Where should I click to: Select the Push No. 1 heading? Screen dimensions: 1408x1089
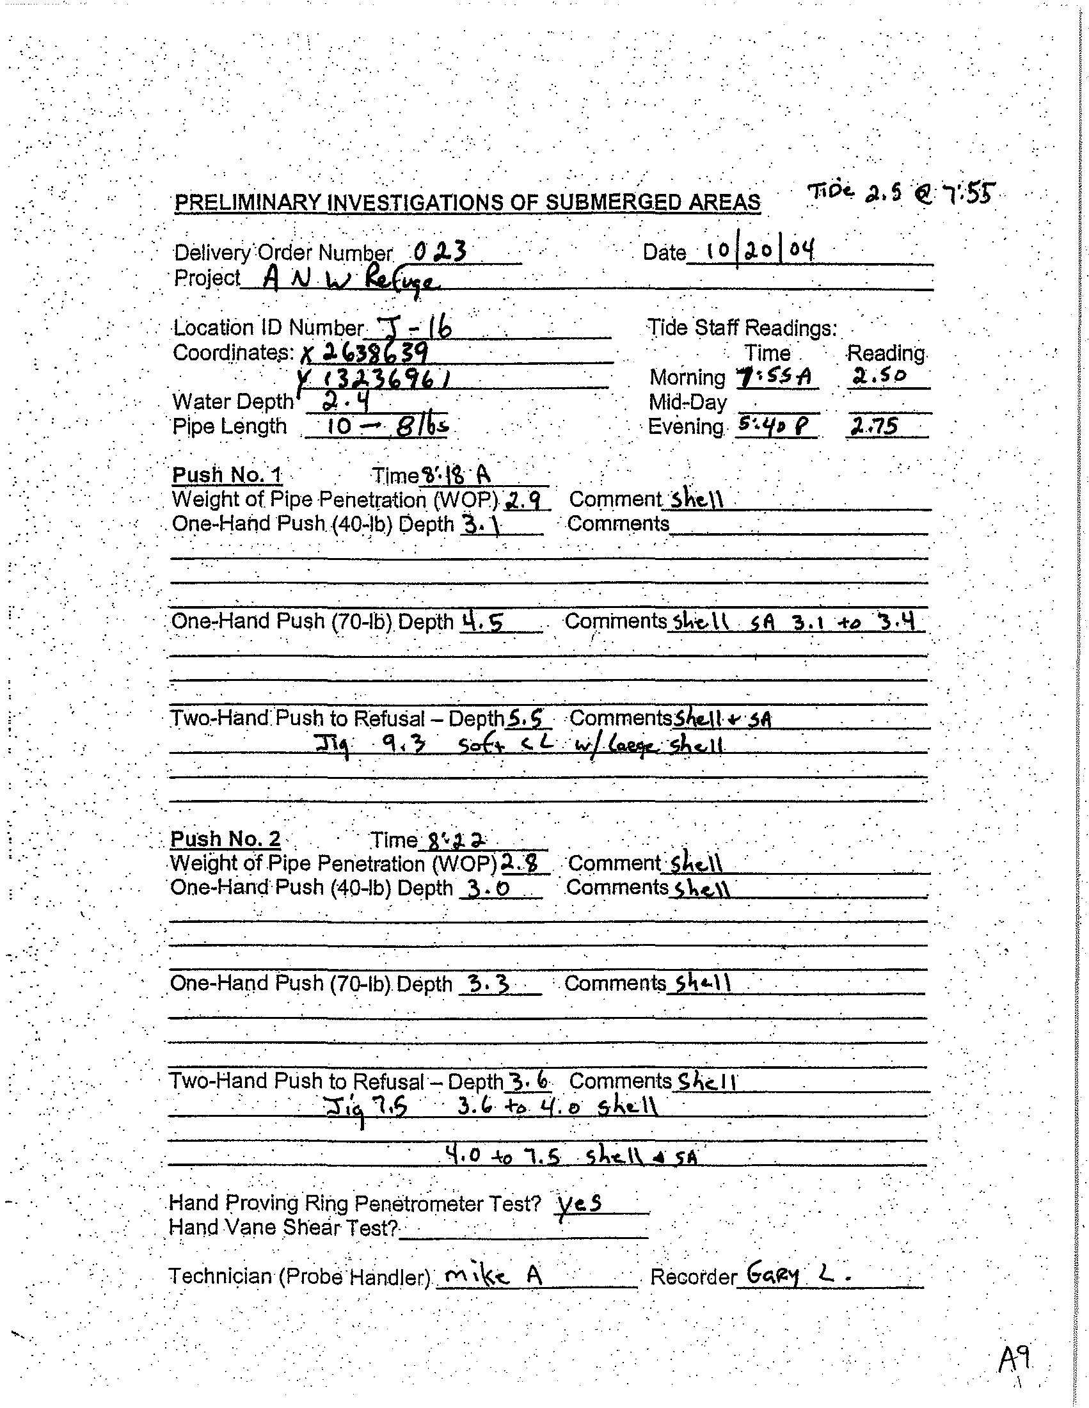(x=227, y=475)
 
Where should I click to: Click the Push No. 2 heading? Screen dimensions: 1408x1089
(x=225, y=839)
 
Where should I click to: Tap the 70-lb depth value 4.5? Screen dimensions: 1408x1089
(x=483, y=621)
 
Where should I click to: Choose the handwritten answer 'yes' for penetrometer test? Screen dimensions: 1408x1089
(x=579, y=1202)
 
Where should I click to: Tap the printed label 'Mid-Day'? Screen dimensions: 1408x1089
(x=688, y=403)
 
